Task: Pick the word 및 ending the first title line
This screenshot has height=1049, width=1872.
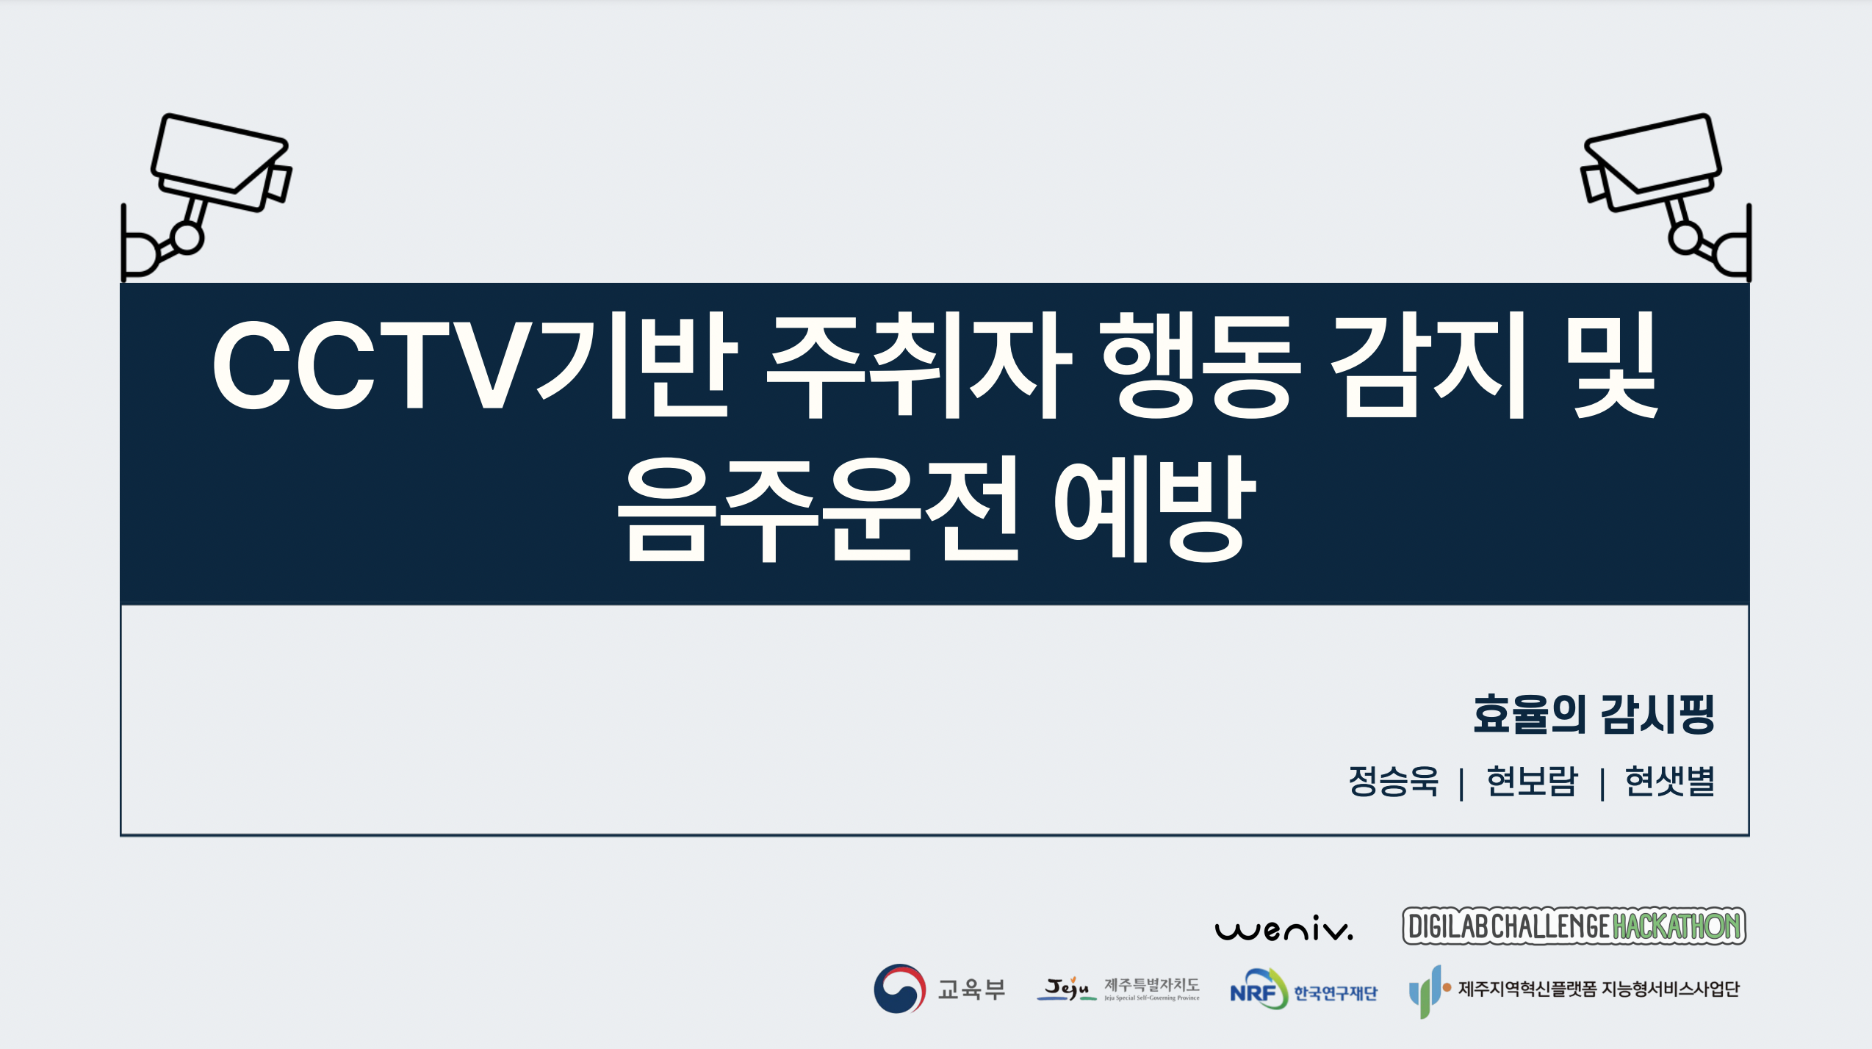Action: (1613, 365)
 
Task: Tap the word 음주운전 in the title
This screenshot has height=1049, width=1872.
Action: (818, 508)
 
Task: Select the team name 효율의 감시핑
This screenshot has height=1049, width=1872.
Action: (1594, 714)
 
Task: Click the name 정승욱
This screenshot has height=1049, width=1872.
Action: (1393, 781)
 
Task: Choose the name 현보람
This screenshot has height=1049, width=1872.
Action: (1532, 781)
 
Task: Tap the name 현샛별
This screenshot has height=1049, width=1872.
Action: (1670, 781)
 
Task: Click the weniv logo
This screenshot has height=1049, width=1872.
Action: (1284, 929)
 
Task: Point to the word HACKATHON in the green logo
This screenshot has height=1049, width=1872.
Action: (1677, 926)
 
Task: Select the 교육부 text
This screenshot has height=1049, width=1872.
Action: (971, 989)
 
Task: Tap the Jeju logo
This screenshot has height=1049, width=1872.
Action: (1117, 989)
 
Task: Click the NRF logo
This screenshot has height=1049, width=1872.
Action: (1303, 989)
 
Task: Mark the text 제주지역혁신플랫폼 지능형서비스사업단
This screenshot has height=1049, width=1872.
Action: (1599, 989)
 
